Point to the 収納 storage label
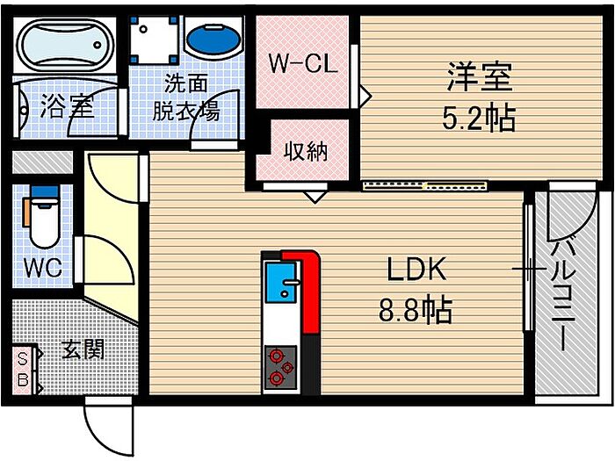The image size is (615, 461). click(x=306, y=151)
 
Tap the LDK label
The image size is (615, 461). click(x=416, y=269)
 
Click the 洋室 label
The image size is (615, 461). click(x=480, y=77)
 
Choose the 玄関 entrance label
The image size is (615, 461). click(x=83, y=349)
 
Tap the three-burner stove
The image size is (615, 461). click(x=280, y=368)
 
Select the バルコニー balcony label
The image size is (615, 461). click(x=564, y=296)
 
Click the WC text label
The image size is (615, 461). click(x=43, y=268)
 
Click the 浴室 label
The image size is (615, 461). click(x=67, y=106)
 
